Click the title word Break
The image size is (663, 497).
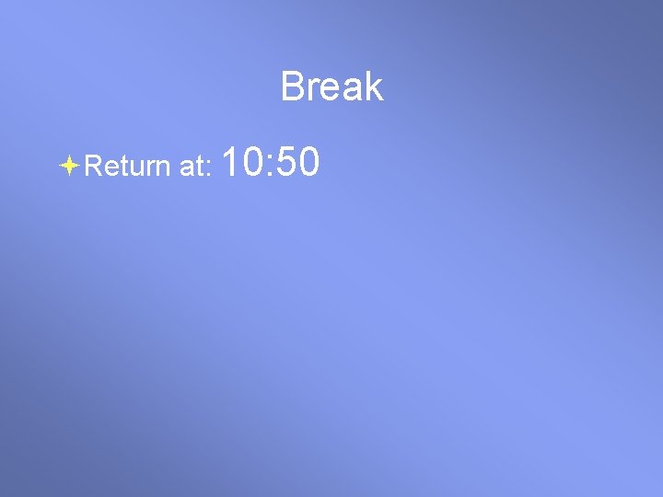point(331,87)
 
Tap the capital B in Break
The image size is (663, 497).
point(292,87)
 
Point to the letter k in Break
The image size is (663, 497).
point(374,87)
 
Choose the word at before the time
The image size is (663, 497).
point(194,167)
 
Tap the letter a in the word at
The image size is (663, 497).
point(187,168)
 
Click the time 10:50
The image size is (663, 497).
point(270,163)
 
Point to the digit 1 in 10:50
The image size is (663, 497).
point(230,163)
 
